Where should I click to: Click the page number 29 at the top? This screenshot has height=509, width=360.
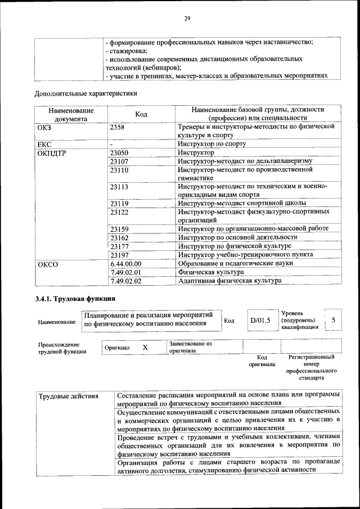(188, 19)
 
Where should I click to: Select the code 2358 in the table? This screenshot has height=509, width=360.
(119, 127)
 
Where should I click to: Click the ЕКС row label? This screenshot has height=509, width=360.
(44, 144)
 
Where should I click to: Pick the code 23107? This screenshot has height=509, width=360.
(120, 161)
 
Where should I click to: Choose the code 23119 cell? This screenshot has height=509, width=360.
(120, 204)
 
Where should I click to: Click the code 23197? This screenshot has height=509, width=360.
(120, 255)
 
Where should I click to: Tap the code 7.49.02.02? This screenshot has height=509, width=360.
(127, 281)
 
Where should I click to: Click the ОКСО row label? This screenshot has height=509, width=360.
(48, 264)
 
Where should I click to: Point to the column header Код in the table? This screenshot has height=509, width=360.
(141, 114)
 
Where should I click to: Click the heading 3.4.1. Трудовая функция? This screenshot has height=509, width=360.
(75, 299)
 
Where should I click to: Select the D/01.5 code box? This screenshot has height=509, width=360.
(260, 321)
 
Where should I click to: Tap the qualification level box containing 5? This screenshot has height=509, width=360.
(333, 320)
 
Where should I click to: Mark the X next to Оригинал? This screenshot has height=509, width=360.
(145, 348)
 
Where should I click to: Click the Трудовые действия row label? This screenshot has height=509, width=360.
(68, 396)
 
